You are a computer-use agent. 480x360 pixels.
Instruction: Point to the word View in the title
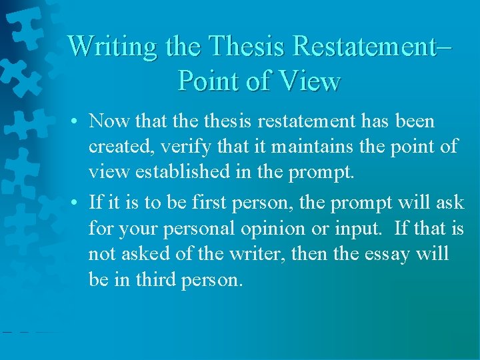coord(310,81)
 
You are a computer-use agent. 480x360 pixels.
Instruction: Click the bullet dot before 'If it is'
coord(78,203)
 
